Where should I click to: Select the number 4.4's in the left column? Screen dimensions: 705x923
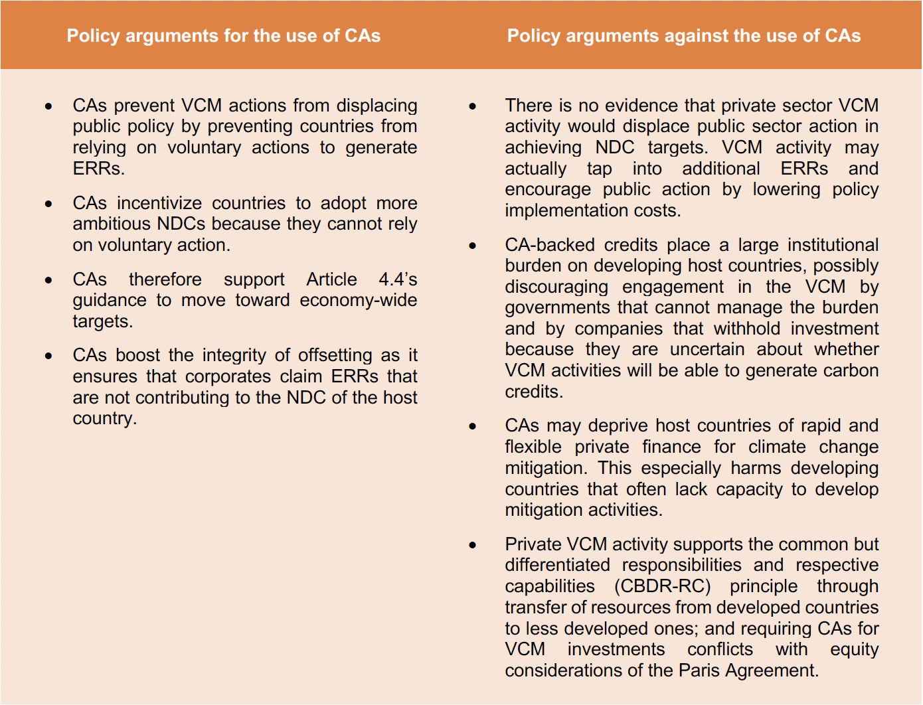click(398, 279)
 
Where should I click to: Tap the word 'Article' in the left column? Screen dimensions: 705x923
click(331, 279)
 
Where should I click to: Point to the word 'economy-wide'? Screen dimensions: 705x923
click(358, 300)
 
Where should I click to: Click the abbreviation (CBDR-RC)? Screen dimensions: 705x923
click(662, 587)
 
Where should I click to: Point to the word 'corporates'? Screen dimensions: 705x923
click(228, 376)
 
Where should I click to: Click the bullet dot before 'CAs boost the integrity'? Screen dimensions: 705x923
click(48, 356)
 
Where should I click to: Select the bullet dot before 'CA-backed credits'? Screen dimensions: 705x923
click(473, 246)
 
